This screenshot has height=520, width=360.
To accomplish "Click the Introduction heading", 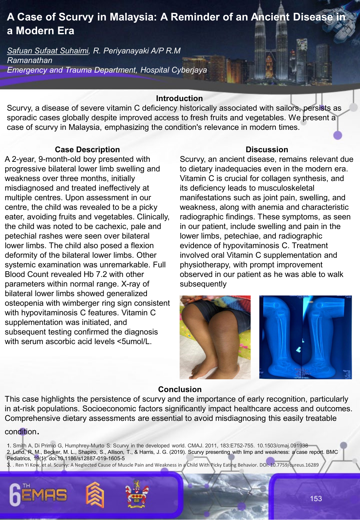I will [x=179, y=98].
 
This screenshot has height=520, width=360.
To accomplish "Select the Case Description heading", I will [x=87, y=150].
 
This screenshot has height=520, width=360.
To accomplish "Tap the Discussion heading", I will [x=267, y=150].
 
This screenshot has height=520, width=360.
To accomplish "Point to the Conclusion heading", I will [x=180, y=390].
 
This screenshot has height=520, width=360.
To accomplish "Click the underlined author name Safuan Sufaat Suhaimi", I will [x=48, y=51].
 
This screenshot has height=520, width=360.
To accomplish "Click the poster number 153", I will [x=316, y=499].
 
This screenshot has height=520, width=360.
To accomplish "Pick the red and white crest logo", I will [x=137, y=494].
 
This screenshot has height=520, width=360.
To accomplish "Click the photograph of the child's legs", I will [x=215, y=337].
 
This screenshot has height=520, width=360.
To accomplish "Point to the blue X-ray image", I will [x=305, y=337].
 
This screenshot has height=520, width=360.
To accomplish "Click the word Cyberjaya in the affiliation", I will [x=189, y=70].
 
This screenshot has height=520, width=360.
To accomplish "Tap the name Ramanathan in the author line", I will [x=29, y=60].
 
